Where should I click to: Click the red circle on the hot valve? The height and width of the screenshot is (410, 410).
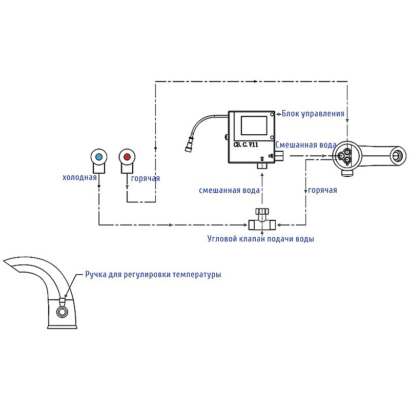(x=127, y=156)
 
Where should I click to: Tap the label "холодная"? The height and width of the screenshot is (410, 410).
(x=79, y=178)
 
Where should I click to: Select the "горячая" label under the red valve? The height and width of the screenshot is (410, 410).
(x=146, y=178)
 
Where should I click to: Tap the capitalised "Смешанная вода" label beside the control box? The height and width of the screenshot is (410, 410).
(x=306, y=145)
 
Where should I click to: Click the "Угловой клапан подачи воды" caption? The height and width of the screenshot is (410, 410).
(x=260, y=239)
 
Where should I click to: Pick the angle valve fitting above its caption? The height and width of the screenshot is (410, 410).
(x=262, y=221)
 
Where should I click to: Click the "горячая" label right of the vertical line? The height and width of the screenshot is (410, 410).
(x=322, y=190)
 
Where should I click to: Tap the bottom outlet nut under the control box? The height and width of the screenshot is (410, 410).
(x=262, y=165)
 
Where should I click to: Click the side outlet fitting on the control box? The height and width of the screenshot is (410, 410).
(x=280, y=156)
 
